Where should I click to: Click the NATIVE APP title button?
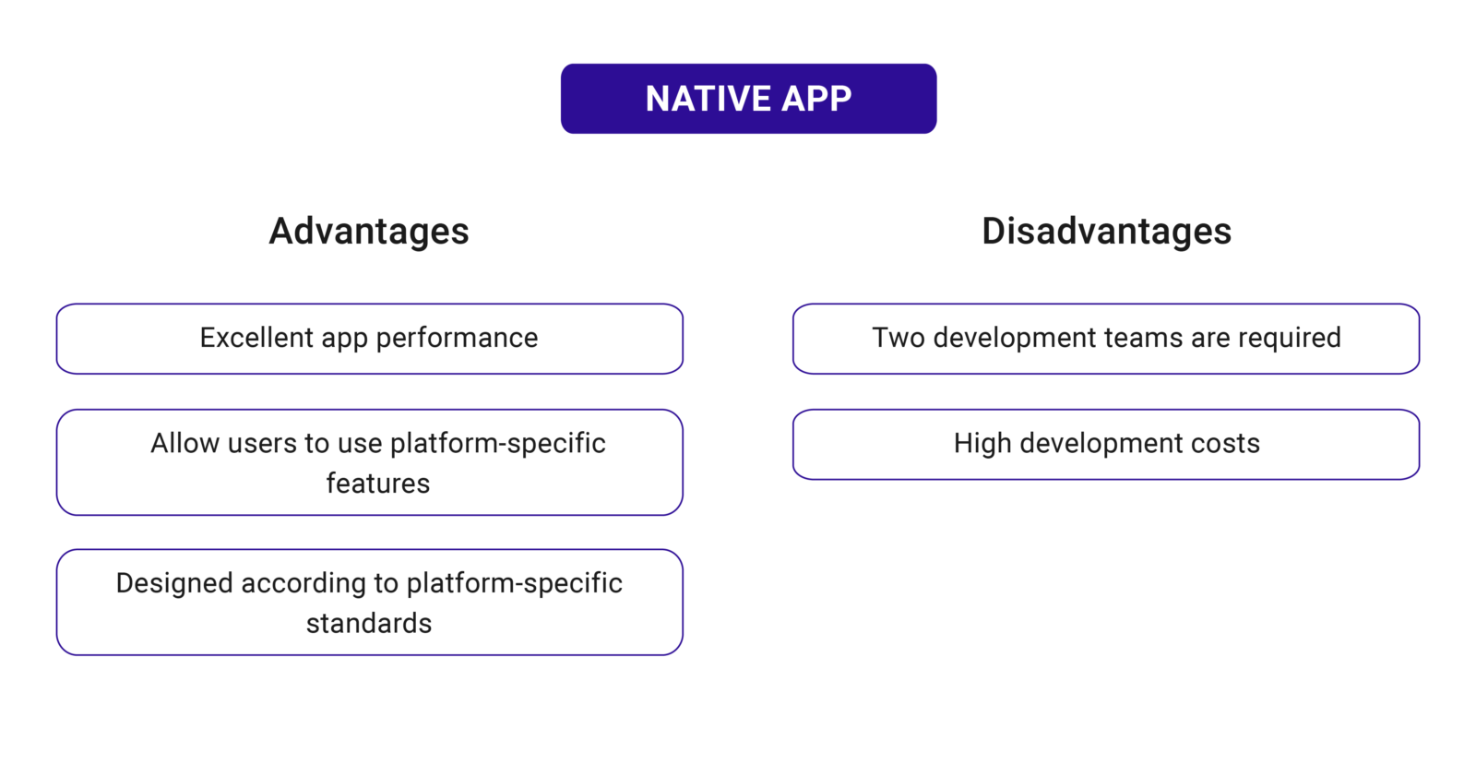pyautogui.click(x=748, y=99)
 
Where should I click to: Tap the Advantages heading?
pyautogui.click(x=369, y=231)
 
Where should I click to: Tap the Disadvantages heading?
pyautogui.click(x=1106, y=231)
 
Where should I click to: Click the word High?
pyautogui.click(x=982, y=444)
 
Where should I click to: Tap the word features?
pyautogui.click(x=377, y=484)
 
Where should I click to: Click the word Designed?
pyautogui.click(x=174, y=584)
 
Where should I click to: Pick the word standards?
pyautogui.click(x=369, y=624)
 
